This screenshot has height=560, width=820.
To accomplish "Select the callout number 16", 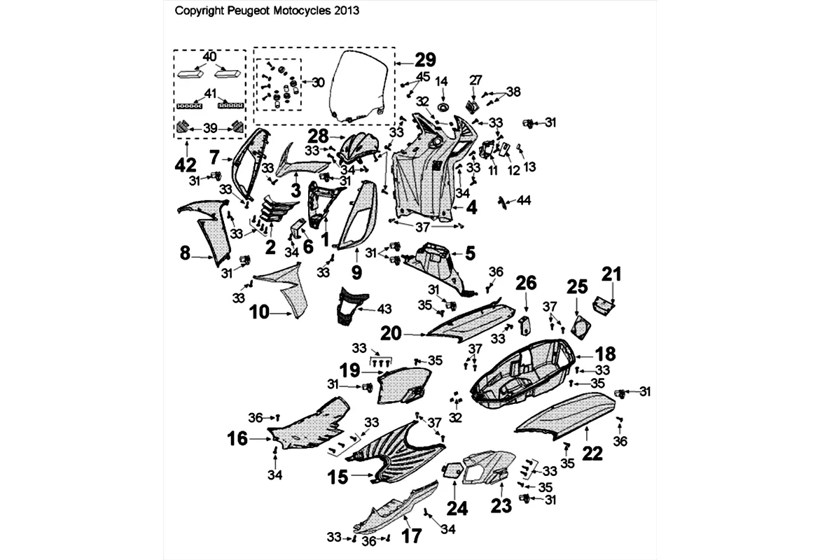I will point(237,439).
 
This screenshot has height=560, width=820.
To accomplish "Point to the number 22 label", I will point(592,453).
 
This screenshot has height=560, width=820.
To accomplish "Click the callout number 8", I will point(185,253).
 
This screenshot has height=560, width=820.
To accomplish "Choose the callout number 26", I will point(527,283).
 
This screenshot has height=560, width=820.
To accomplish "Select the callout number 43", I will point(385,309).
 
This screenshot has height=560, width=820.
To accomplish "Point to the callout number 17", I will point(412,535).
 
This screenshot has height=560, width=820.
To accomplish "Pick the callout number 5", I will point(470,251).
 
